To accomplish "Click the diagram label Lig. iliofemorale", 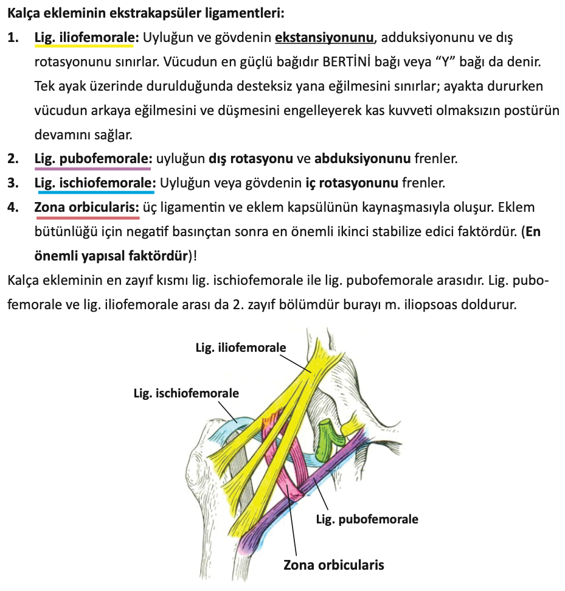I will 240,348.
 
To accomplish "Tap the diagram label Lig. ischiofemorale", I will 186,393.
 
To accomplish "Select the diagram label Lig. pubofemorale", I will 367,519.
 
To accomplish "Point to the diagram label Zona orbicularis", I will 334,564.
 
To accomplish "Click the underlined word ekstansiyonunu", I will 324,38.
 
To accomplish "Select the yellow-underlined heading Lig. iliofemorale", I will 87,38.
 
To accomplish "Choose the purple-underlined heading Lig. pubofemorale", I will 93,159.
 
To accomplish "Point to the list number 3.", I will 13,183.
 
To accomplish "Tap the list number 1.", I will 13,38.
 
